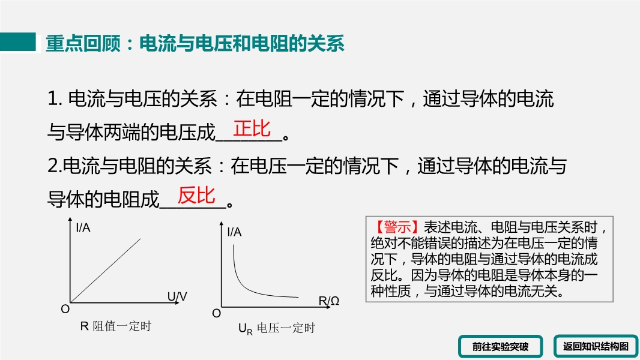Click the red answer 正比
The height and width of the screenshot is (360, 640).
point(252,129)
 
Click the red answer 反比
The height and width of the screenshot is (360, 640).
point(196,195)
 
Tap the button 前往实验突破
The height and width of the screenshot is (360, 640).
point(500,347)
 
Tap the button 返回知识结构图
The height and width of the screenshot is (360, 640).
point(596,347)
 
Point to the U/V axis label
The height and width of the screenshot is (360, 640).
point(177,296)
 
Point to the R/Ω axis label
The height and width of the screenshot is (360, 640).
point(329,301)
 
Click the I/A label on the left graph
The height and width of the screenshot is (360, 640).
point(83,227)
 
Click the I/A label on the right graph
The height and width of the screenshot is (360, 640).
point(234,232)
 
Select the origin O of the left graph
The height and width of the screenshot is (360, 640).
point(65,310)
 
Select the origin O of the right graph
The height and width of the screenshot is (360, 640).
point(216,314)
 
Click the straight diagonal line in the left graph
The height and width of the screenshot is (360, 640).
point(106,271)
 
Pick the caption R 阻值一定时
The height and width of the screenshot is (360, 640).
point(115,326)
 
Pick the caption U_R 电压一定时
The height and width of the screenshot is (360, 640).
point(277,329)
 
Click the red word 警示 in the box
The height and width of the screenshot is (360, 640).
point(397,227)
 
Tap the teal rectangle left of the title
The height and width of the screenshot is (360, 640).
point(18,42)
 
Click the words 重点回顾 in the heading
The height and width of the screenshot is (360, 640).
point(83,43)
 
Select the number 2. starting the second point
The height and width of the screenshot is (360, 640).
point(55,166)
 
